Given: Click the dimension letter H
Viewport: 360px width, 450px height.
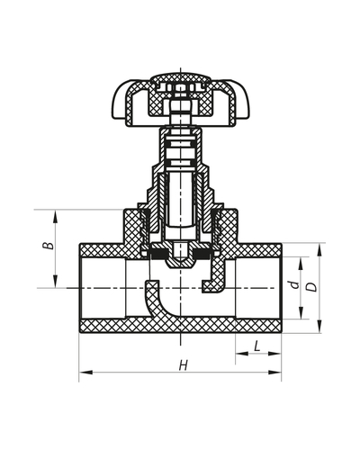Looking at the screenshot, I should point(183,364).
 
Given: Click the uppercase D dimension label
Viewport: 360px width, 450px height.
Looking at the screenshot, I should point(311,287).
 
